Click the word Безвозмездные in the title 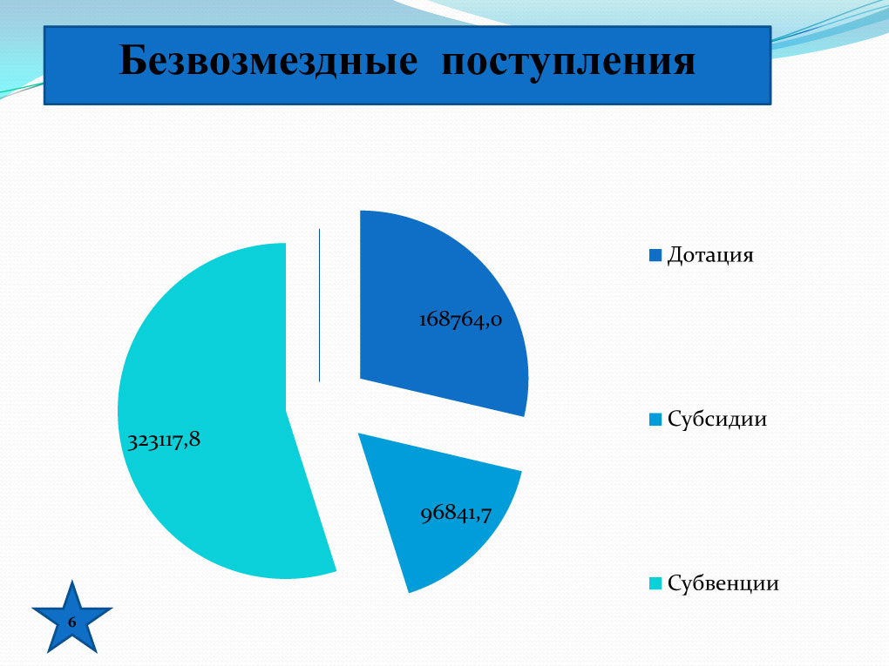(x=268, y=61)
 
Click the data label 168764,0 (x=460, y=320)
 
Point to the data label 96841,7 (x=456, y=514)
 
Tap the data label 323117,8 (x=164, y=440)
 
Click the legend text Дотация (x=710, y=255)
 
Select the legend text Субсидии (x=717, y=419)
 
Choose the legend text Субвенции (x=723, y=582)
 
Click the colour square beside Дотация (x=655, y=255)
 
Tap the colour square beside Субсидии (x=655, y=420)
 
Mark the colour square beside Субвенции (x=655, y=583)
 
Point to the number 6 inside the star (x=72, y=622)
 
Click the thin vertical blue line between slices (x=320, y=306)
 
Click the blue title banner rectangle (x=408, y=65)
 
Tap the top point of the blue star (x=72, y=581)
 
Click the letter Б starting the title (x=132, y=60)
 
